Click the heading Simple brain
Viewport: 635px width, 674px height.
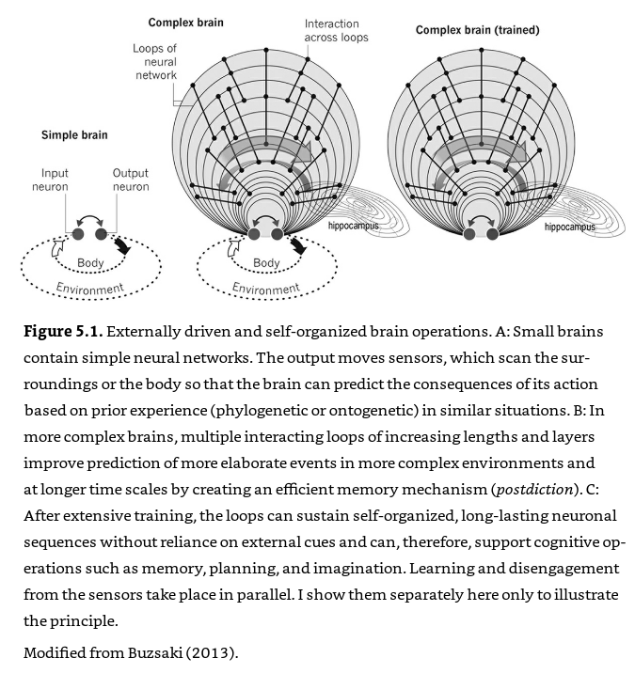tap(74, 135)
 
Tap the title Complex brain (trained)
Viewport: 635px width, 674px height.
tap(478, 31)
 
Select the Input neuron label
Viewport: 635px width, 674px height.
tap(55, 180)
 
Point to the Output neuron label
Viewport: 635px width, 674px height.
tap(131, 180)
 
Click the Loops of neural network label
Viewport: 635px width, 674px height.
tap(155, 60)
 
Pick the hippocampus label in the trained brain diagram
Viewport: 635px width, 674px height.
tap(570, 227)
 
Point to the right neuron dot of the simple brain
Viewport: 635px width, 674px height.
tap(103, 233)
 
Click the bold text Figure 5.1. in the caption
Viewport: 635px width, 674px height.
tap(63, 333)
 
